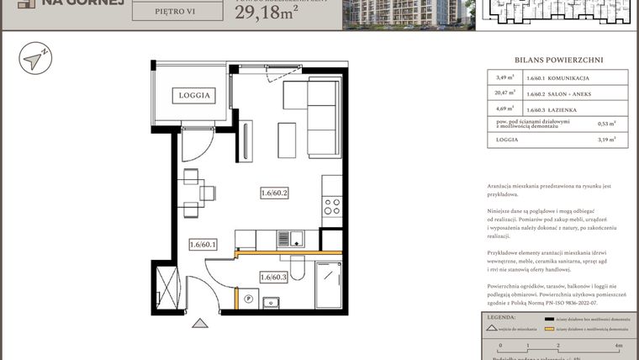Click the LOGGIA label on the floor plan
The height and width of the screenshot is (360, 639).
(x=193, y=95)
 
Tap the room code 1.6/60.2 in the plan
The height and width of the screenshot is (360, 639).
(x=274, y=194)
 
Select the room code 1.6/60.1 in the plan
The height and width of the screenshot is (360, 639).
(x=203, y=245)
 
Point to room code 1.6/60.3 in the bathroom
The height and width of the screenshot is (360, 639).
(x=274, y=278)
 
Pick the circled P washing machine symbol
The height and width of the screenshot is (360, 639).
(x=249, y=297)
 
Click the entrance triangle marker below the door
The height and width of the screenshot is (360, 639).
(x=198, y=322)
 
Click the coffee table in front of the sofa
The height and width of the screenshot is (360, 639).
(x=287, y=137)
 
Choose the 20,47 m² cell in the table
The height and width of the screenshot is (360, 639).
(x=505, y=93)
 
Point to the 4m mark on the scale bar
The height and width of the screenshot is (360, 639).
(x=618, y=345)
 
